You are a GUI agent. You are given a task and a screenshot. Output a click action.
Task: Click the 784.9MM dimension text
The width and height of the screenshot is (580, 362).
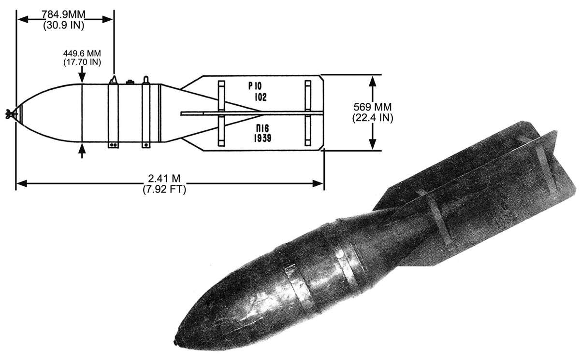coord(63,14)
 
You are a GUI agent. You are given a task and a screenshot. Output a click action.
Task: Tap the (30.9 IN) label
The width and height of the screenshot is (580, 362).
coord(64,25)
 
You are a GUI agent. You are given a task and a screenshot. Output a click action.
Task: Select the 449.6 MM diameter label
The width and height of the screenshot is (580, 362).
coord(82,54)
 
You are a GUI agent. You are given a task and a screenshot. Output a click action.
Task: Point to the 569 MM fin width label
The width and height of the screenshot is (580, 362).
coord(372,107)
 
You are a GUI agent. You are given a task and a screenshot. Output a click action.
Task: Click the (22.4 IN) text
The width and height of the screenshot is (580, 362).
coord(373,118)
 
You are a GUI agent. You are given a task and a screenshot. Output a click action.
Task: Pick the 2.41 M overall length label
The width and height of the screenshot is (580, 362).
coord(164,179)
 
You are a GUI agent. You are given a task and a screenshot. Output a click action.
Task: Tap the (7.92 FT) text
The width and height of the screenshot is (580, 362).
coord(164,190)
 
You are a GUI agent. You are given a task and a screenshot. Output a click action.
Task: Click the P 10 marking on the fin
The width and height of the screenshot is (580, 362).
coord(255,86)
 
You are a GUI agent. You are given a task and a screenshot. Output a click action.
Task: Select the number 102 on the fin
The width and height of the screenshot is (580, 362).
coord(261,97)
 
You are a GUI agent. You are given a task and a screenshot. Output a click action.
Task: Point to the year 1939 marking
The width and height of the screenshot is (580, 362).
coord(262,139)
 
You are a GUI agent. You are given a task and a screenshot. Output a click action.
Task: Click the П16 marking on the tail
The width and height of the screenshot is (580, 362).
coord(262,128)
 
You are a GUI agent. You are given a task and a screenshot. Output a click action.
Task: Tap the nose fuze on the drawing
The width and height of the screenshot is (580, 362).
coord(10,114)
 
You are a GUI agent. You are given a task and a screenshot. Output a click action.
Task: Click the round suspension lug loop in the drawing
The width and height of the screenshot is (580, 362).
coord(146,80)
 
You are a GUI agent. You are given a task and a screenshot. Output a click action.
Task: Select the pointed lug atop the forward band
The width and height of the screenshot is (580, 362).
coord(113,80)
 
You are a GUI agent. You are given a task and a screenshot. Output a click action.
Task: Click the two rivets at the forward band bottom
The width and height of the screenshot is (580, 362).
coord(113,145)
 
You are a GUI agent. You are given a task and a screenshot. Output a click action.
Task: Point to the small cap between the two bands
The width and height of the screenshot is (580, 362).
coord(130,82)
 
